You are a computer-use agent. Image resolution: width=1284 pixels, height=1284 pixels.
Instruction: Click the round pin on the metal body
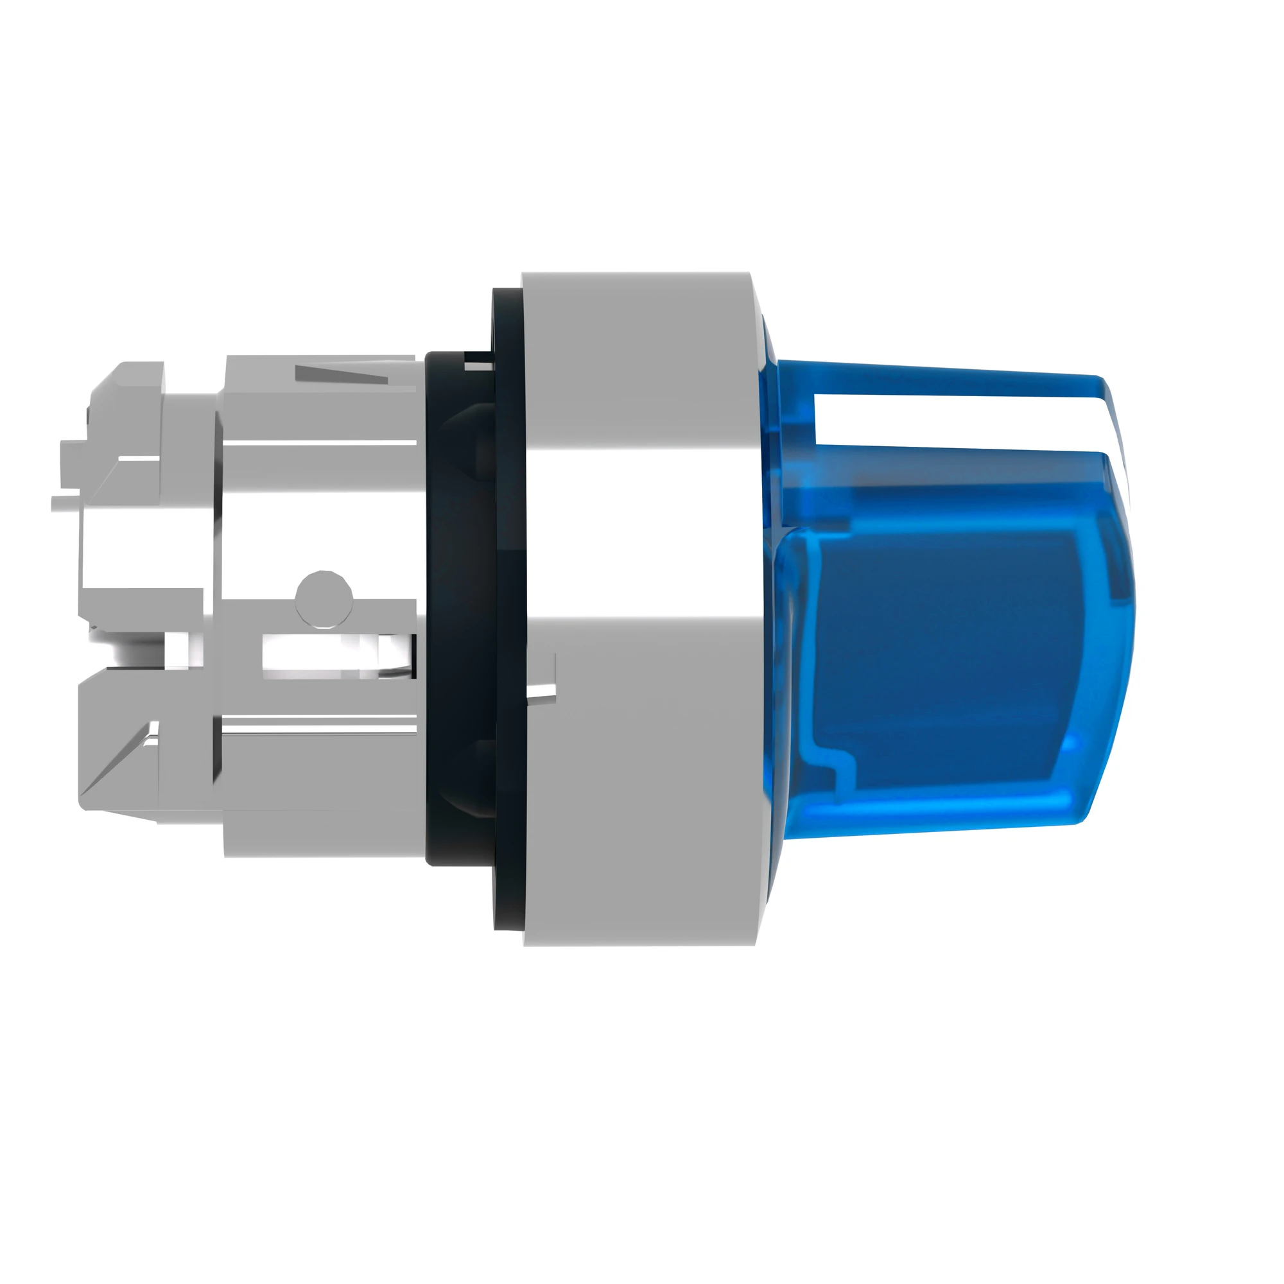pyautogui.click(x=324, y=598)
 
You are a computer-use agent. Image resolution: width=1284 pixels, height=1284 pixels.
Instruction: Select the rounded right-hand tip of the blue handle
pyautogui.click(x=1123, y=598)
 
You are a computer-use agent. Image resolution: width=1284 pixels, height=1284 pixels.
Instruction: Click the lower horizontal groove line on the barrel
pyautogui.click(x=319, y=731)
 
